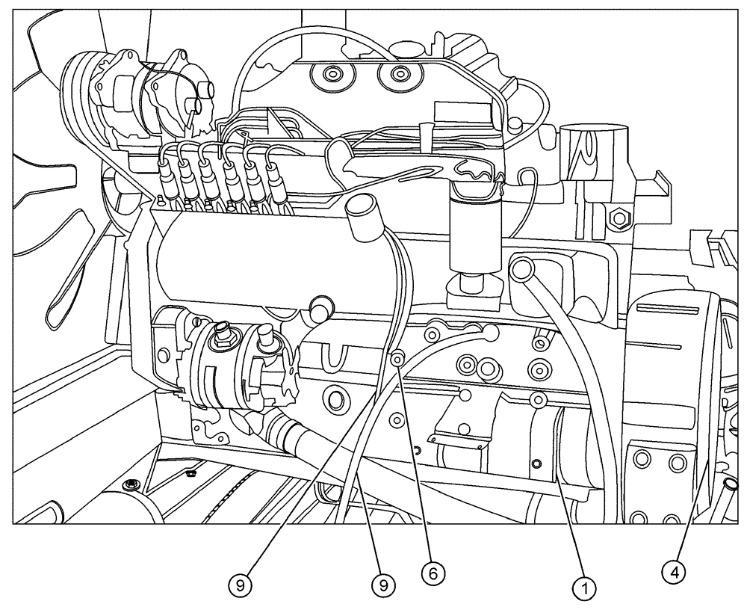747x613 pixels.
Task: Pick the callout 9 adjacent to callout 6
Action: (385, 584)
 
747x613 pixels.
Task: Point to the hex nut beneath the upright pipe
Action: (619, 219)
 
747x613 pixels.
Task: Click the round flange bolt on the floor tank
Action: (132, 484)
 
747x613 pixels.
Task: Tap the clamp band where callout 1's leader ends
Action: (557, 449)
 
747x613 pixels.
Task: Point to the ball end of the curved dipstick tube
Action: (491, 330)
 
